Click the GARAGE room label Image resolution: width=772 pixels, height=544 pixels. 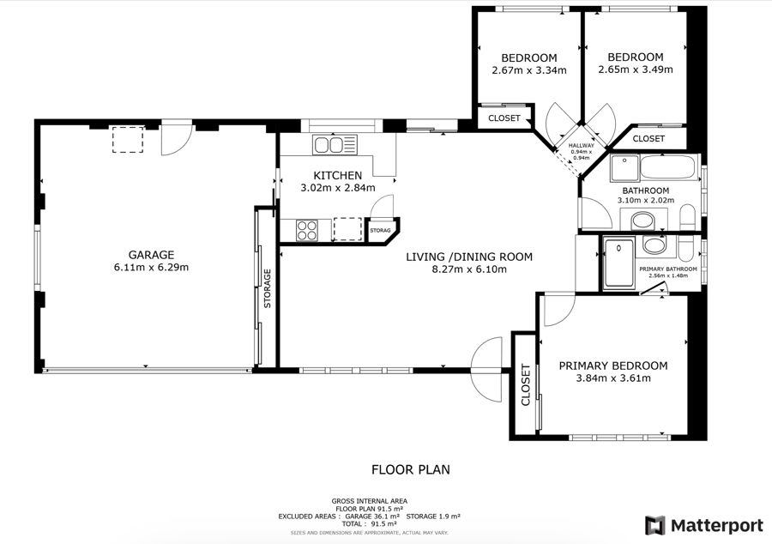pyautogui.click(x=151, y=255)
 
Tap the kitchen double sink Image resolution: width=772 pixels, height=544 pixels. pyautogui.click(x=334, y=145)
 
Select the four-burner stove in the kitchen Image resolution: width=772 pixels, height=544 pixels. pyautogui.click(x=307, y=231)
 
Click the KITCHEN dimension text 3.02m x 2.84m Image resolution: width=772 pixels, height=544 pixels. pyautogui.click(x=338, y=188)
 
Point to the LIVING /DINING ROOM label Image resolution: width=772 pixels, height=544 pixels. pyautogui.click(x=469, y=257)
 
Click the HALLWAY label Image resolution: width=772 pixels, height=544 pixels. pyautogui.click(x=582, y=146)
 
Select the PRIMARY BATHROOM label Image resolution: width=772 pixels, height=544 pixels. pyautogui.click(x=668, y=269)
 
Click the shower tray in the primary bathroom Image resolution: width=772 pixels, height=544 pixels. pyautogui.click(x=618, y=263)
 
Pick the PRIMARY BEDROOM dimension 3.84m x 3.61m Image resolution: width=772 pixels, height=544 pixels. pyautogui.click(x=613, y=378)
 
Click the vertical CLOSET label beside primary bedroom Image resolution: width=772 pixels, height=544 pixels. pyautogui.click(x=525, y=385)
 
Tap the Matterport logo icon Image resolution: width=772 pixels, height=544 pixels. pyautogui.click(x=655, y=525)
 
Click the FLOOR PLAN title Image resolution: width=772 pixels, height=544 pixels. pyautogui.click(x=411, y=469)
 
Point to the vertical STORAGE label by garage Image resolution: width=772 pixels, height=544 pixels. pyautogui.click(x=268, y=288)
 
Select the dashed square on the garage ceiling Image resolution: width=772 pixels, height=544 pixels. pyautogui.click(x=128, y=139)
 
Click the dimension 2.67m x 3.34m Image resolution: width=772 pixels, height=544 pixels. pyautogui.click(x=529, y=70)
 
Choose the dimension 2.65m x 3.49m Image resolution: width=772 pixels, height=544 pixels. pyautogui.click(x=636, y=70)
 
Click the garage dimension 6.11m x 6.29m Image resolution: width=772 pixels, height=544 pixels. pyautogui.click(x=151, y=268)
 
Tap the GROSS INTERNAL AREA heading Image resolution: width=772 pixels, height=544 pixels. pyautogui.click(x=369, y=501)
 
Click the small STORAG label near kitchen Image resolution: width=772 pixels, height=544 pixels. pyautogui.click(x=380, y=231)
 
